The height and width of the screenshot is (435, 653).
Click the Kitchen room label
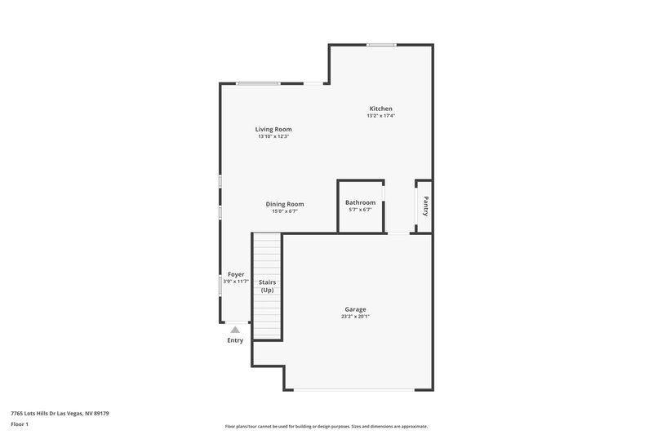381,109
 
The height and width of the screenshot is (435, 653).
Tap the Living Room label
273,129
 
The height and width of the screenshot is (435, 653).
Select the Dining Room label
285,204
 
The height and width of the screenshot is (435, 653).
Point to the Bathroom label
360,202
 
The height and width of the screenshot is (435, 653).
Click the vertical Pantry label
424,206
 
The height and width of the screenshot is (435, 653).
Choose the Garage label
355,309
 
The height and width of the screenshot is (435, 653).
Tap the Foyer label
236,274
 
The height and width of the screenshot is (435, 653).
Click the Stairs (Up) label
267,286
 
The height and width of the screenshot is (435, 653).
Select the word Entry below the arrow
235,340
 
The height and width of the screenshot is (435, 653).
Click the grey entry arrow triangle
235,330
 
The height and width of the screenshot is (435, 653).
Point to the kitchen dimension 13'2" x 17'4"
381,116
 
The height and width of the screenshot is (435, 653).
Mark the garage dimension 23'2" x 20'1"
355,317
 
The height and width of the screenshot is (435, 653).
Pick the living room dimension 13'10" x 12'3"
273,136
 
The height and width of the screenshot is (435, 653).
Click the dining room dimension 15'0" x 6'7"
285,211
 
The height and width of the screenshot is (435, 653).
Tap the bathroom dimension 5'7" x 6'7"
360,210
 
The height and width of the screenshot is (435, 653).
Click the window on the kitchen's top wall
381,45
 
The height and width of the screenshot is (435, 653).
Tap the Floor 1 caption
20,424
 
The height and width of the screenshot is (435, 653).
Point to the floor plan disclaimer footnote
326,426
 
